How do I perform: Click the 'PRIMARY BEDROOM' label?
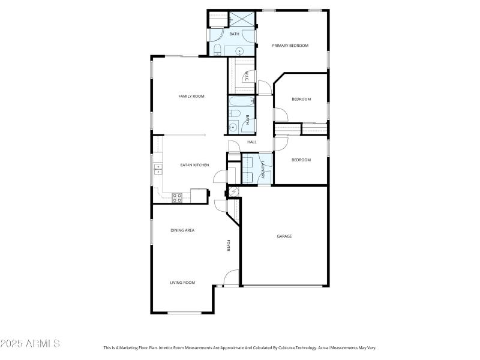point(290,45)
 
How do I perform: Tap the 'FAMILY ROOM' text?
point(191,96)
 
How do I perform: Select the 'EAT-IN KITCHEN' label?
point(194,164)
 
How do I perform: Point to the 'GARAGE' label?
point(284,236)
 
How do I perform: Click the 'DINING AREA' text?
point(182,230)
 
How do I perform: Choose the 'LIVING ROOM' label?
point(182,282)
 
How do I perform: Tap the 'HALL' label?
point(252,142)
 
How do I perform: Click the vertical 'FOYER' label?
point(228,245)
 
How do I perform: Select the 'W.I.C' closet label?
point(246,76)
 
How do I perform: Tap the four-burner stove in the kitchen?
point(178,196)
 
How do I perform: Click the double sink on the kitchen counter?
point(157,169)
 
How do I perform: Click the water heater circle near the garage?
point(233,191)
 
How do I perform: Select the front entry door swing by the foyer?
point(229,278)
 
